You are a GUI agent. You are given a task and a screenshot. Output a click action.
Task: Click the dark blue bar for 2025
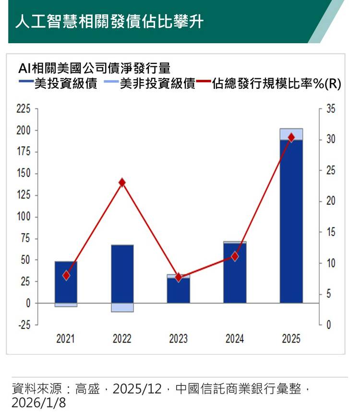pyautogui.click(x=291, y=221)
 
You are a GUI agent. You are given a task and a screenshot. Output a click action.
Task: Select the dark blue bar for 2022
pyautogui.click(x=122, y=274)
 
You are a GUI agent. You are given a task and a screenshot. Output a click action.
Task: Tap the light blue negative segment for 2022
pyautogui.click(x=122, y=308)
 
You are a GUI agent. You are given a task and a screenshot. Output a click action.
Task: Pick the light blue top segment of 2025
pyautogui.click(x=291, y=134)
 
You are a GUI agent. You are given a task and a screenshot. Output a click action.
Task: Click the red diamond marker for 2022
pyautogui.click(x=122, y=183)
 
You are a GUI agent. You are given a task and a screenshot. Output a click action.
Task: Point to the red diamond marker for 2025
pyautogui.click(x=291, y=138)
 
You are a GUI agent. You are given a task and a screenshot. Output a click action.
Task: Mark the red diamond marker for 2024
pyautogui.click(x=235, y=257)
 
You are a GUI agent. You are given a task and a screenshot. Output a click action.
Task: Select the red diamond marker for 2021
pyautogui.click(x=66, y=275)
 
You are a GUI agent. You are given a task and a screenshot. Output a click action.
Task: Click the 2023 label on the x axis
pyautogui.click(x=179, y=339)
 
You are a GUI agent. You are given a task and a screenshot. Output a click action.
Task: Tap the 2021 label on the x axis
pyautogui.click(x=66, y=339)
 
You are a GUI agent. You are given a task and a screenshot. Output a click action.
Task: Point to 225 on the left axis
pyautogui.click(x=24, y=109)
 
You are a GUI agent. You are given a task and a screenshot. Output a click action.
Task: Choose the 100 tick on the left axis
pyautogui.click(x=24, y=217)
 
